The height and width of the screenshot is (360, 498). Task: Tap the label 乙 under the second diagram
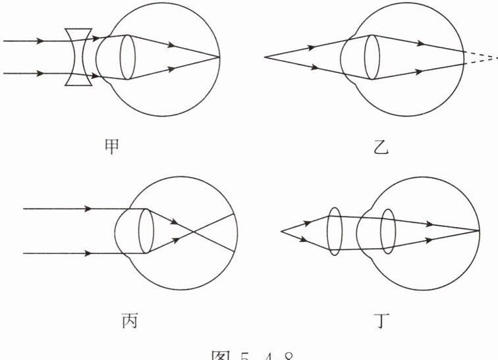pos(381,148)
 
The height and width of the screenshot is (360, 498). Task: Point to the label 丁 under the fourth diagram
pos(381,322)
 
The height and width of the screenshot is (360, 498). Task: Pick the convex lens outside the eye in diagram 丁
pos(335,231)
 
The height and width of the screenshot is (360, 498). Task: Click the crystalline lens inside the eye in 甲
pos(127,57)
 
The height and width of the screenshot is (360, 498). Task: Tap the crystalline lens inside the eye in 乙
pos(372,57)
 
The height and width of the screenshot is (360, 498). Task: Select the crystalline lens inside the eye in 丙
pos(146,231)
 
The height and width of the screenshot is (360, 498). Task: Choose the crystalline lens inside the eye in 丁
pos(388,231)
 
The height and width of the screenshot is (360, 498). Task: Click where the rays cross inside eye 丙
pos(190,232)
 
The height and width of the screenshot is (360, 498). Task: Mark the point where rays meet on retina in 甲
pos(219,57)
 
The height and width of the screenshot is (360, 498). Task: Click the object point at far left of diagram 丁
pos(281,231)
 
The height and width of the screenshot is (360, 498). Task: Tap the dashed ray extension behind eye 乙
pos(481,57)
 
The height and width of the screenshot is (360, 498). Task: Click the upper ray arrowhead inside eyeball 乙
pos(420,44)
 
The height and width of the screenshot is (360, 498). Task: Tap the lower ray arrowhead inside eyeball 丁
pos(429,240)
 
